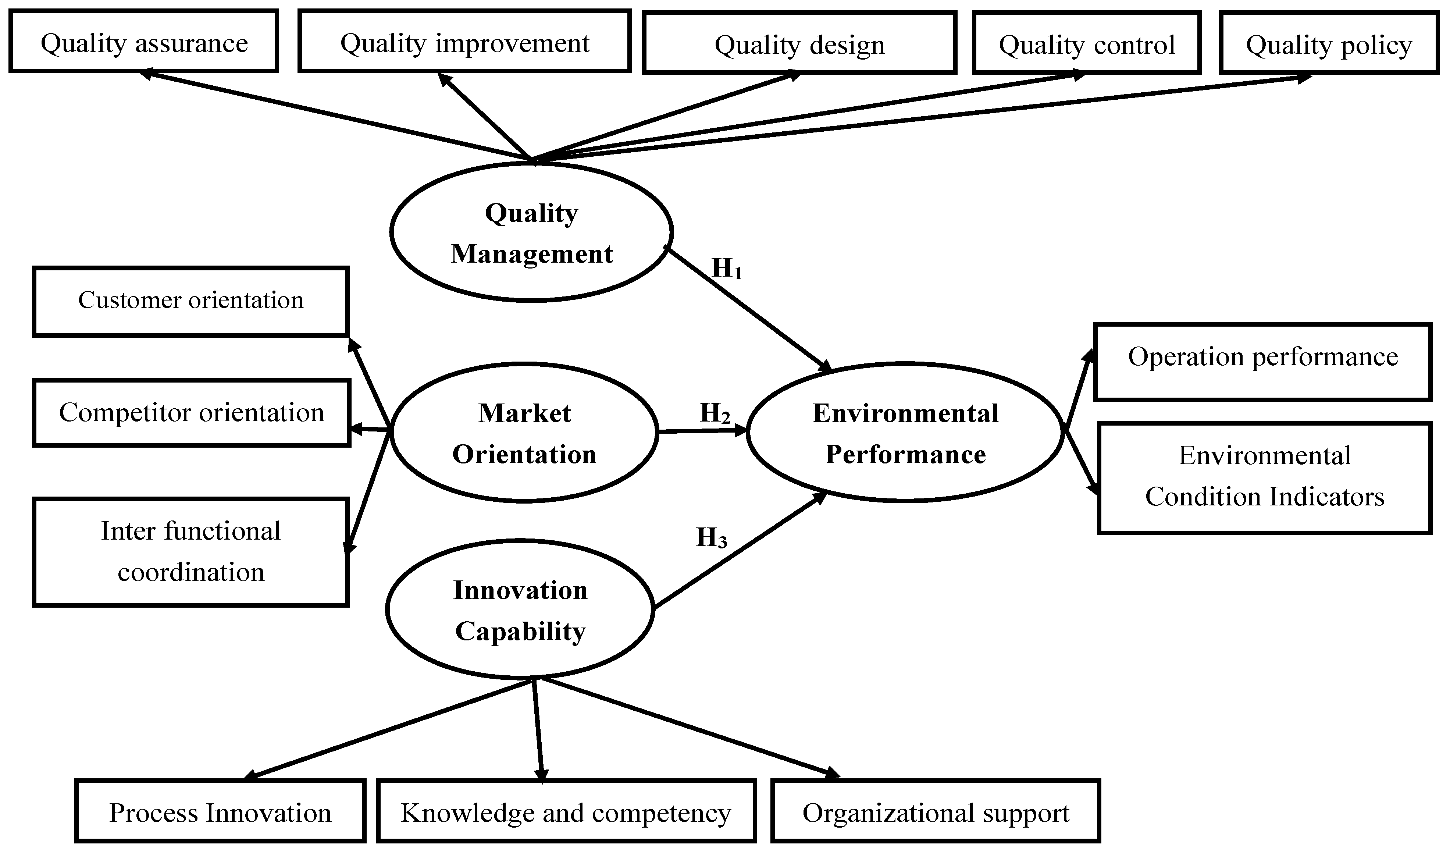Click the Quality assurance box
point(144,42)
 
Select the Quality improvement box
point(464,42)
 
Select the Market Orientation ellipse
point(524,433)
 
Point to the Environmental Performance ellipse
point(905,433)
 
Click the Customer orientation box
point(191,301)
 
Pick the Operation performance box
point(1262,362)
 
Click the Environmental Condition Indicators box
point(1265,478)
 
